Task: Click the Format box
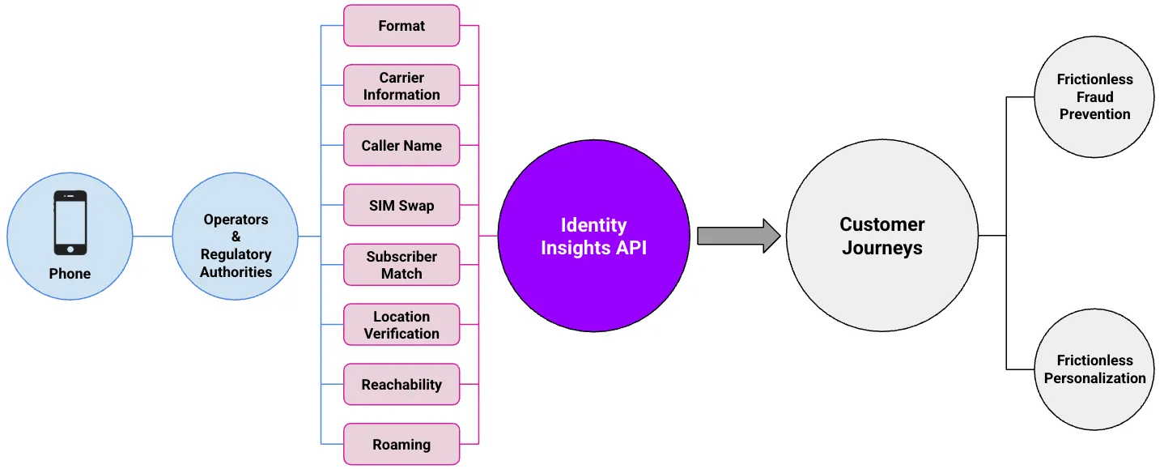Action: (x=401, y=26)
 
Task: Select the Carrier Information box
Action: (x=401, y=86)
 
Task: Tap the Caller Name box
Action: (x=401, y=146)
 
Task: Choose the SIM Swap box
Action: (x=401, y=206)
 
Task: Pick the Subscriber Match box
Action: (x=401, y=265)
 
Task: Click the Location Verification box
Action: (x=401, y=325)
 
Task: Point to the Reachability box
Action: (x=401, y=385)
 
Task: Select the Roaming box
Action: (x=401, y=445)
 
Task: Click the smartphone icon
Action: (x=70, y=223)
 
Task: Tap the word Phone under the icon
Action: (x=70, y=274)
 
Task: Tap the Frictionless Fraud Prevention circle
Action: (x=1094, y=97)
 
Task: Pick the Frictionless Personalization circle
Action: (x=1094, y=369)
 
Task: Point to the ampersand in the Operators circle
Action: (x=236, y=237)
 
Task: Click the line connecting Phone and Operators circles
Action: (x=152, y=237)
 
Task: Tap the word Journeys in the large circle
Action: (x=881, y=248)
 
